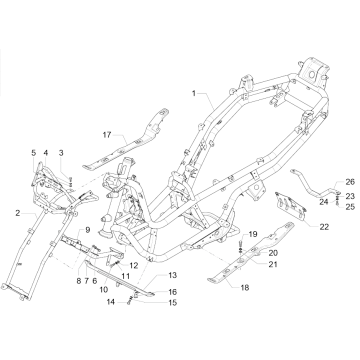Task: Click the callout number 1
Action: tap(194, 93)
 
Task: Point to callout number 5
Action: tap(33, 152)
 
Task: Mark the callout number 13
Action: tap(172, 274)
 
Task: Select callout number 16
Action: tap(172, 292)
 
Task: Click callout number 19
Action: tap(252, 234)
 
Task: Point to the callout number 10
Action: tap(103, 290)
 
